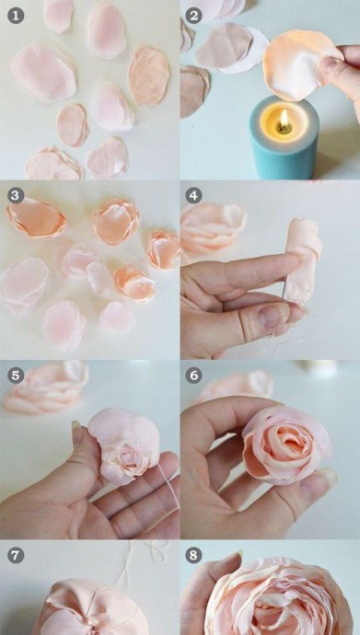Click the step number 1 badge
(16, 16)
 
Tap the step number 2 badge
(193, 16)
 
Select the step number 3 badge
(16, 196)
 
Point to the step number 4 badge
(193, 196)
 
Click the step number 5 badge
(16, 375)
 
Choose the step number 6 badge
(193, 375)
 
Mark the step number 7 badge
(16, 555)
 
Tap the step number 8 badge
(193, 555)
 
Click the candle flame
(285, 119)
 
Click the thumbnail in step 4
(273, 316)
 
